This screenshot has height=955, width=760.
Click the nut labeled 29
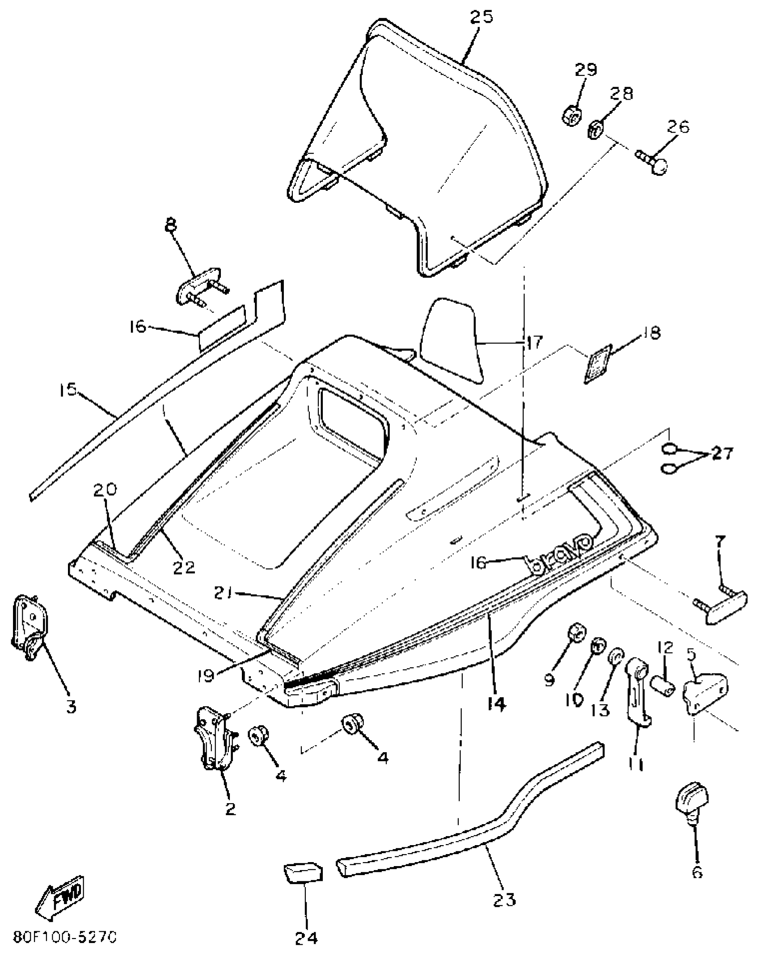click(x=571, y=117)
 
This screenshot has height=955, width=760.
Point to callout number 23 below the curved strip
click(x=504, y=899)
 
